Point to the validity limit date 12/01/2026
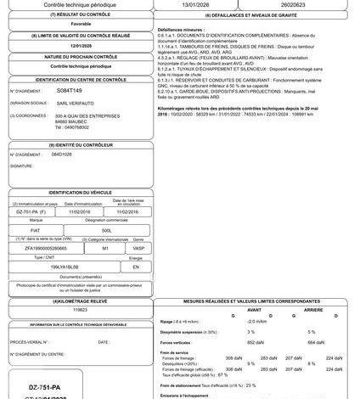[x=82, y=47]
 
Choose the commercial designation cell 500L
[x=106, y=230]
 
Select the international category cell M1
[x=105, y=248]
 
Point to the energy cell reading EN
[x=135, y=266]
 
